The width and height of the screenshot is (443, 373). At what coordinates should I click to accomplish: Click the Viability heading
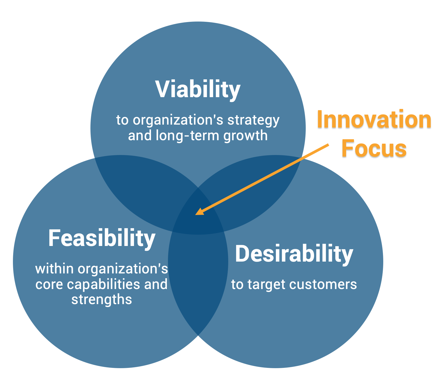click(198, 89)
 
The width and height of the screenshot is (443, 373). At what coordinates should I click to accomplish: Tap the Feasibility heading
click(101, 238)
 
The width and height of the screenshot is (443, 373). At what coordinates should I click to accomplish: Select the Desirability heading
click(294, 254)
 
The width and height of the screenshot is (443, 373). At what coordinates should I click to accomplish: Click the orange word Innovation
click(374, 119)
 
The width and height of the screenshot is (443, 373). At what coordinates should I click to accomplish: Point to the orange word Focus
click(374, 149)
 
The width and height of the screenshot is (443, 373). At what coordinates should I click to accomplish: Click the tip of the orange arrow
click(196, 214)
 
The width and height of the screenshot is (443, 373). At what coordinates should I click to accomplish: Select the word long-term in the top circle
click(187, 135)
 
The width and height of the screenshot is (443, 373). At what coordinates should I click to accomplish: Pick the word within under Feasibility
click(54, 269)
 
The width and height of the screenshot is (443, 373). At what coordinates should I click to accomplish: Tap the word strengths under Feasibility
click(101, 299)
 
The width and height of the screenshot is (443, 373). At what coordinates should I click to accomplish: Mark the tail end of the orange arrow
click(328, 145)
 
